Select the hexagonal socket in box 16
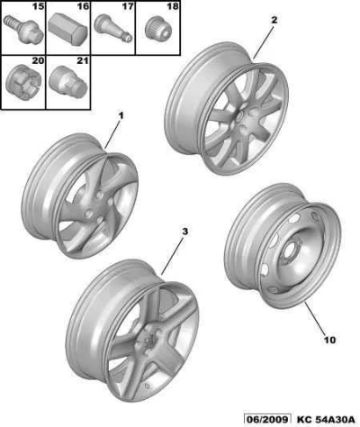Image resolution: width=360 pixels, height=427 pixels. tap(68, 29)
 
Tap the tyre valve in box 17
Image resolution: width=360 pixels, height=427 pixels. tap(113, 28)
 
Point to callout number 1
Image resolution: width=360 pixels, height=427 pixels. tap(121, 115)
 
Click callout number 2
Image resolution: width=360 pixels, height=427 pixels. tap(274, 20)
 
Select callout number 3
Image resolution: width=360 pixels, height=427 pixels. tap(185, 232)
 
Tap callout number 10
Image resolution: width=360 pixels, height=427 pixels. tap(329, 341)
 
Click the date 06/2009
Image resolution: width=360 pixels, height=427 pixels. tap(267, 420)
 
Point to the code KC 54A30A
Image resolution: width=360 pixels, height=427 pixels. tap(325, 420)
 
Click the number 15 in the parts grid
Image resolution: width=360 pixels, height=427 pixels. tap(38, 6)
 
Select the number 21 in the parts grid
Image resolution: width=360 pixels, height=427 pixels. tap(83, 60)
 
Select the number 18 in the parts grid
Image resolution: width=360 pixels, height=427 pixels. tap(173, 6)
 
